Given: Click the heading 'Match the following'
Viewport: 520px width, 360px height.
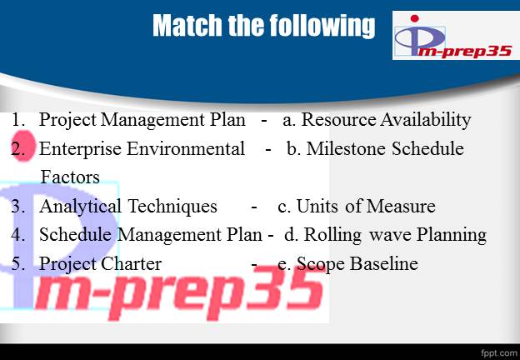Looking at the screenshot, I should (263, 27).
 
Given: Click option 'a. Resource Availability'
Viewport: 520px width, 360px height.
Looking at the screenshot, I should (377, 120).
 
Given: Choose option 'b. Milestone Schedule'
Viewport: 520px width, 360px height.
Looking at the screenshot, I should (375, 149).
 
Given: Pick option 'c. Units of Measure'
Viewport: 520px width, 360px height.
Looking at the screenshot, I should (356, 206).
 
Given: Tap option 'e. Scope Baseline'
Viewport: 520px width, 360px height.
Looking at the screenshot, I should (347, 264).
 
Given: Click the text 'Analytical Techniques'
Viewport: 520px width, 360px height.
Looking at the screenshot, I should (127, 206).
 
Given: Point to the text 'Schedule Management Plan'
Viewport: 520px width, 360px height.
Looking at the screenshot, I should (151, 235).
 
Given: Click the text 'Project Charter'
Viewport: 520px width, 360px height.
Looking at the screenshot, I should (100, 264).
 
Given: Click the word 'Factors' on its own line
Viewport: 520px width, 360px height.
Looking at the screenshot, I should (70, 177).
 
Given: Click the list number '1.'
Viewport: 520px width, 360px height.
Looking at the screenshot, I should (19, 120).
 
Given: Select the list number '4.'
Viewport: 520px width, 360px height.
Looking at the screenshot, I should (19, 235).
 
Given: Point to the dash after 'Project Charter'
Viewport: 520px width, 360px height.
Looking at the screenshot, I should (254, 264).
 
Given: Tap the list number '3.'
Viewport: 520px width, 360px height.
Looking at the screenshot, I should (19, 206).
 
